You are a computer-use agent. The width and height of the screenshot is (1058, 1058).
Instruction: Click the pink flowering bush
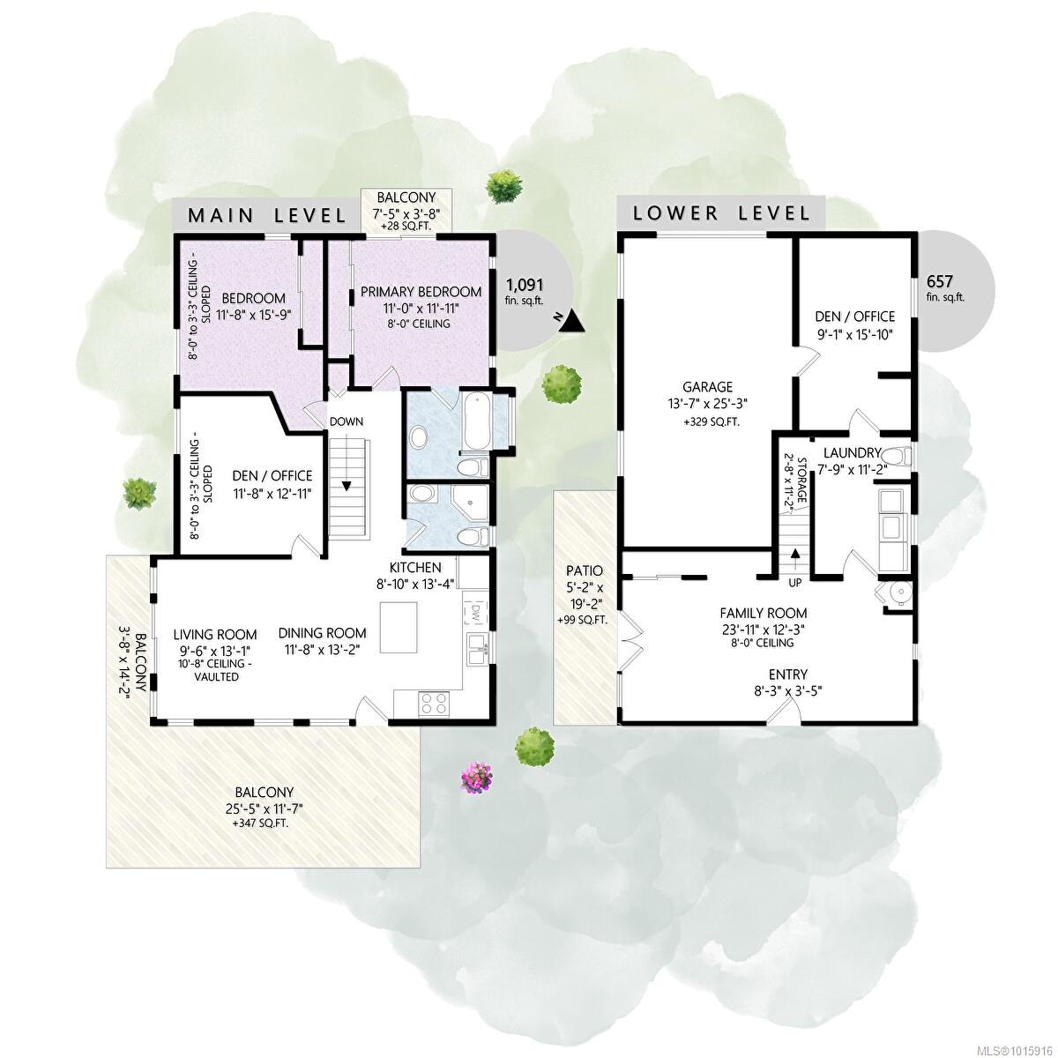pos(477,777)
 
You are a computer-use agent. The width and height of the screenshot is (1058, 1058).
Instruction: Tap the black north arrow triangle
pos(573,321)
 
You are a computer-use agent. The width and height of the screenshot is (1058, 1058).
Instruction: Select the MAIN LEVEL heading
pos(267,215)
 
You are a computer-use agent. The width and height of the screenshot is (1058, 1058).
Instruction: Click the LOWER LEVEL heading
pos(721,213)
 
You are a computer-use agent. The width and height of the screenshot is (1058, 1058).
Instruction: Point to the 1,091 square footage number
pos(525,285)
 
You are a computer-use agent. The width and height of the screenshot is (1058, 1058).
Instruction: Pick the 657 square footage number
pos(939,281)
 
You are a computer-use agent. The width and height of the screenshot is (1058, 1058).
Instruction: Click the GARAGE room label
pos(707,386)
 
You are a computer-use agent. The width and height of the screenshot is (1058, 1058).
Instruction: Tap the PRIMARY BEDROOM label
pos(421,292)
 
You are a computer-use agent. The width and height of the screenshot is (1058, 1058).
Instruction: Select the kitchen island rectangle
pos(398,627)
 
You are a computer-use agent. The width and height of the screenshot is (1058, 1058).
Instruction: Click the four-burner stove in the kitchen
pos(434,704)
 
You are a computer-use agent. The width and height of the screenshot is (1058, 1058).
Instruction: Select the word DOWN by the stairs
pos(346,421)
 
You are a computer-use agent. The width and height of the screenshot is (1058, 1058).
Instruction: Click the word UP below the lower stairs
pos(794,583)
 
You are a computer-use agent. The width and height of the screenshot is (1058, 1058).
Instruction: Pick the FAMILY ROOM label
pos(764,613)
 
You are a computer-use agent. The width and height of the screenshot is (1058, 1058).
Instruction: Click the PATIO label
pos(584,570)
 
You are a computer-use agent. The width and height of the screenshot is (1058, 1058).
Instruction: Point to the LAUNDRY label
pos(852,453)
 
